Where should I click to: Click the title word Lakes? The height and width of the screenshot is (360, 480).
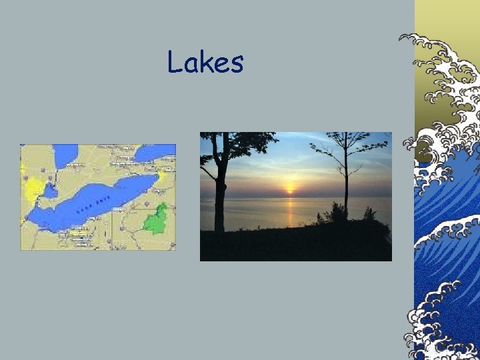[x=205, y=62]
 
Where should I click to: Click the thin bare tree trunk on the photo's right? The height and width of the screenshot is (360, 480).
[x=345, y=180]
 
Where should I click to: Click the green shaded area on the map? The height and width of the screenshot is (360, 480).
[x=156, y=219]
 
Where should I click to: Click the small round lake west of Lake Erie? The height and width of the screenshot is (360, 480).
[x=51, y=191]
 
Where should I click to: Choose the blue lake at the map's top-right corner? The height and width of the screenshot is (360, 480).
[x=155, y=154]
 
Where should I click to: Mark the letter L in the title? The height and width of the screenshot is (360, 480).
[x=175, y=62]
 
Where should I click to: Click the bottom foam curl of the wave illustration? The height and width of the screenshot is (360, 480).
[x=433, y=333]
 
